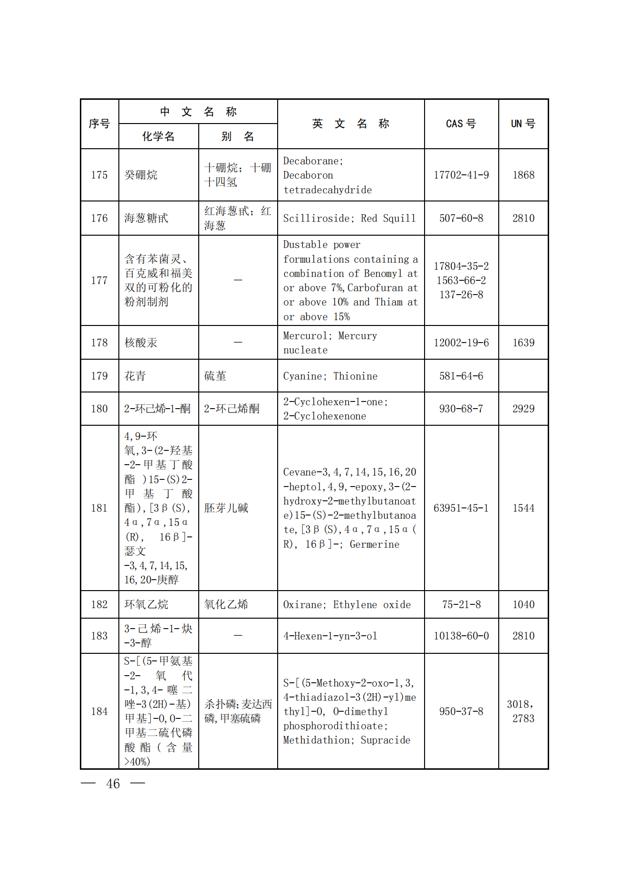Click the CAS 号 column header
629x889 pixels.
tap(461, 124)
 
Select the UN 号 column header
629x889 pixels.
tap(523, 124)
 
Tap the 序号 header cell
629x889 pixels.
tap(99, 124)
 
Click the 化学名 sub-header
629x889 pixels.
tap(158, 137)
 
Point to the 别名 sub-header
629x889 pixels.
tap(238, 137)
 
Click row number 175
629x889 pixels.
tap(99, 175)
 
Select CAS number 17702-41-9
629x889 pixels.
tap(461, 175)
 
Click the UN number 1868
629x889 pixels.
tap(523, 175)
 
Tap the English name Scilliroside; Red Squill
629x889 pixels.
tap(349, 219)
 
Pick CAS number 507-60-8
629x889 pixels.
tap(461, 219)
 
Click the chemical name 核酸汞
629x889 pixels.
tap(141, 343)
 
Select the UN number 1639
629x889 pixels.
tap(523, 343)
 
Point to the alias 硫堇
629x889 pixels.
tap(215, 376)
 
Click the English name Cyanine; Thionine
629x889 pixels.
tap(330, 376)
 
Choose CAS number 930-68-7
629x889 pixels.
tap(461, 409)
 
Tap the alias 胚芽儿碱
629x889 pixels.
tap(226, 508)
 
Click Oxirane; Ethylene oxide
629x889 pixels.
tap(347, 605)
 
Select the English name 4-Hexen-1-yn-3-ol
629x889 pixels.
tap(330, 636)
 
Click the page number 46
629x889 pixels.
tap(113, 784)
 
